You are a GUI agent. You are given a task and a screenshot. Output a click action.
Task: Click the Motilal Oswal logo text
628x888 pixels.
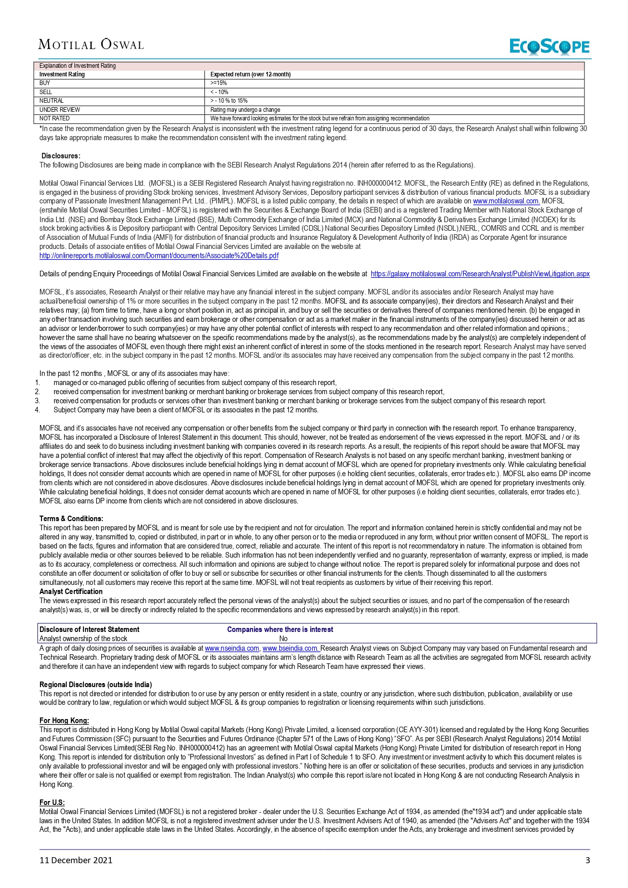[x=91, y=45]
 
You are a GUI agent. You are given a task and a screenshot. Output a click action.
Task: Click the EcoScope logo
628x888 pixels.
[x=550, y=47]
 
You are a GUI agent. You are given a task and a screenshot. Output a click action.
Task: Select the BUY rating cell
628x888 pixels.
[x=45, y=83]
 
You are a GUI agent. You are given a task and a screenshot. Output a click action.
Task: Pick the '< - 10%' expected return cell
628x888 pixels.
[x=220, y=92]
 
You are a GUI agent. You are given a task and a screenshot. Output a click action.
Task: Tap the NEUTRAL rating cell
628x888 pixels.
[x=52, y=101]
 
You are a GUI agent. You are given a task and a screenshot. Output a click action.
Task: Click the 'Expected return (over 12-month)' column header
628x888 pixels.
[x=250, y=74]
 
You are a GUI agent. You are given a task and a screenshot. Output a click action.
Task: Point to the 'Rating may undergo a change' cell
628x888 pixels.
[x=245, y=110]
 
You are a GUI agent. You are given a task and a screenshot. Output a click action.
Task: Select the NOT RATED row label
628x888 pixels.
[x=55, y=118]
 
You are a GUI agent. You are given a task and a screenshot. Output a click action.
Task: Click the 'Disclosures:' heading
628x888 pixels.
[x=61, y=156]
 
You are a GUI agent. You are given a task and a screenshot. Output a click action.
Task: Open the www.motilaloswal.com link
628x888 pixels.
[x=506, y=201]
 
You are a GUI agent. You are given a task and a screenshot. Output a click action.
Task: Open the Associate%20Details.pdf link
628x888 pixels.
[x=159, y=256]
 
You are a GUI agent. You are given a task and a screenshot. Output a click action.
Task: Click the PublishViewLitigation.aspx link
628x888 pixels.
[x=480, y=274]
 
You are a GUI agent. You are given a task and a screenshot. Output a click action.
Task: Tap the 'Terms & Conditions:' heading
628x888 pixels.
[x=71, y=519]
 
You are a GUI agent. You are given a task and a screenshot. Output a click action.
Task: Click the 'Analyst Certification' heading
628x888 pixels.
[x=71, y=591]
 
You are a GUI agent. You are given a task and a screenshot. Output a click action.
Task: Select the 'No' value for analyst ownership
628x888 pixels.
[x=283, y=639]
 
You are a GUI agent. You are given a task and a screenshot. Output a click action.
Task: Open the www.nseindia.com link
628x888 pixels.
[x=232, y=648]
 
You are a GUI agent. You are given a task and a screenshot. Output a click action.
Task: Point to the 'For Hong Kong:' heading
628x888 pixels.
[x=64, y=721]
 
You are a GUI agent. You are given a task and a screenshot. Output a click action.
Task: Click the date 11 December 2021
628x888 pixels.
[x=76, y=860]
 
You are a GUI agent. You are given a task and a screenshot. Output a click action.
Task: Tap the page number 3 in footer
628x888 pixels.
[x=588, y=860]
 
